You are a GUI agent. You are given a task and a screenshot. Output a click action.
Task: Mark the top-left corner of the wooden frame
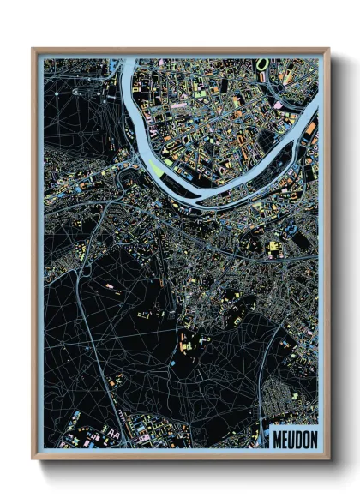[x=33, y=50]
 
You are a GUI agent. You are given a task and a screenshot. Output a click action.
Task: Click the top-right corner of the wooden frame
[x=329, y=50]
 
